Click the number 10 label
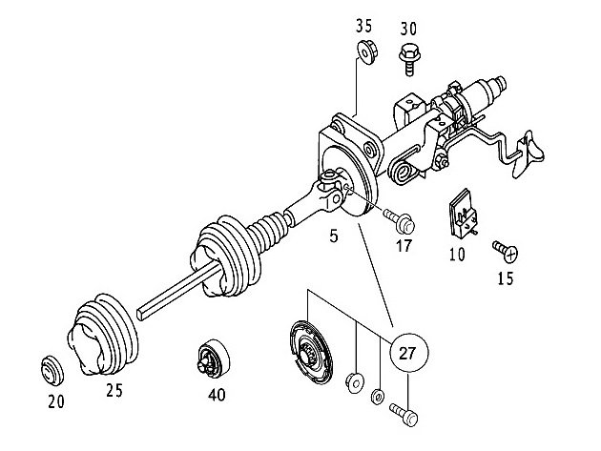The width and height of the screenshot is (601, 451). pos(458,255)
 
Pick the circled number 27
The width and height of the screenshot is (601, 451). pos(408,354)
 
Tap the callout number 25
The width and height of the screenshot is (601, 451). pos(114,390)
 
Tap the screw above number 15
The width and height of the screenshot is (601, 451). pos(504,252)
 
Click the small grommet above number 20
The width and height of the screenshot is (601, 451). pos(50,367)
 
